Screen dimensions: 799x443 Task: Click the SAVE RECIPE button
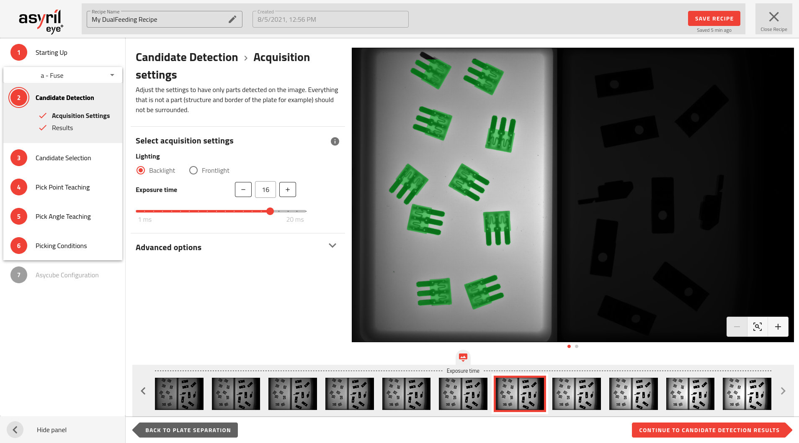point(714,18)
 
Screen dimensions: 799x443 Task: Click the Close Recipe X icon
point(774,17)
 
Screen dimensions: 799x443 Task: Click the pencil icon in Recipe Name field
point(232,19)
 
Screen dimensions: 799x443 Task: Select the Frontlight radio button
point(193,170)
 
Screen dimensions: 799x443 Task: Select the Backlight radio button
point(141,170)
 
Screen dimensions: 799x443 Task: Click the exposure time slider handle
point(270,211)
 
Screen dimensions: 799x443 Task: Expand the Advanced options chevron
point(332,246)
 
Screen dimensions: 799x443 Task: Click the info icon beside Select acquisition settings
point(335,141)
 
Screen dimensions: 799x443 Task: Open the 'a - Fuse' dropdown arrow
point(112,75)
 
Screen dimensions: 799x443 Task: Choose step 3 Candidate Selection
point(63,158)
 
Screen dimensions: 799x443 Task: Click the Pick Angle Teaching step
point(63,216)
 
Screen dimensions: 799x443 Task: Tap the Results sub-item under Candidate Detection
point(62,128)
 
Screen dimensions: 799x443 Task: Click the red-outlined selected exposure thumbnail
point(520,394)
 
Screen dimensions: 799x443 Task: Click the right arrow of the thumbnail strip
point(783,391)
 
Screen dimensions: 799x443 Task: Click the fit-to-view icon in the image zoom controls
point(758,327)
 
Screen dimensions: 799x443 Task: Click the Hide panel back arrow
point(15,430)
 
